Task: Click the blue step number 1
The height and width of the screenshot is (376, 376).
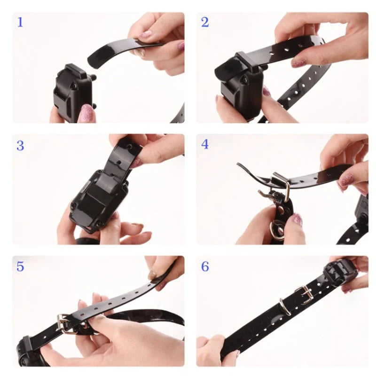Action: pos(20,22)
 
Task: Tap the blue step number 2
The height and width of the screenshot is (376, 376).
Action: pos(205,22)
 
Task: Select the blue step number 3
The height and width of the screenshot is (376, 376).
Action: pos(20,146)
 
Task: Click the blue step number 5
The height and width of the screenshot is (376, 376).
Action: pos(20,266)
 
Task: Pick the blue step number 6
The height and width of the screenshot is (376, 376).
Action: pos(205,266)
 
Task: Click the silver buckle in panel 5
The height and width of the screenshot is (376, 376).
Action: pos(66,323)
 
